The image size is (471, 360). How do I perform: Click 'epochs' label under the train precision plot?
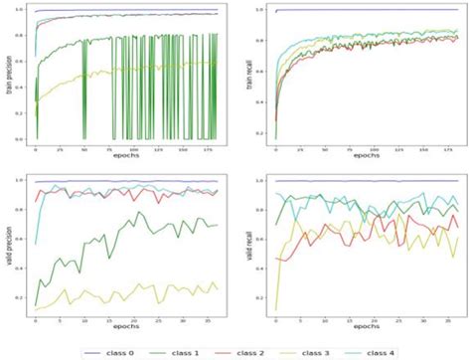click(x=120, y=156)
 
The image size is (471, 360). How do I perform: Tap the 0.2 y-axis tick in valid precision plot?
click(x=25, y=297)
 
